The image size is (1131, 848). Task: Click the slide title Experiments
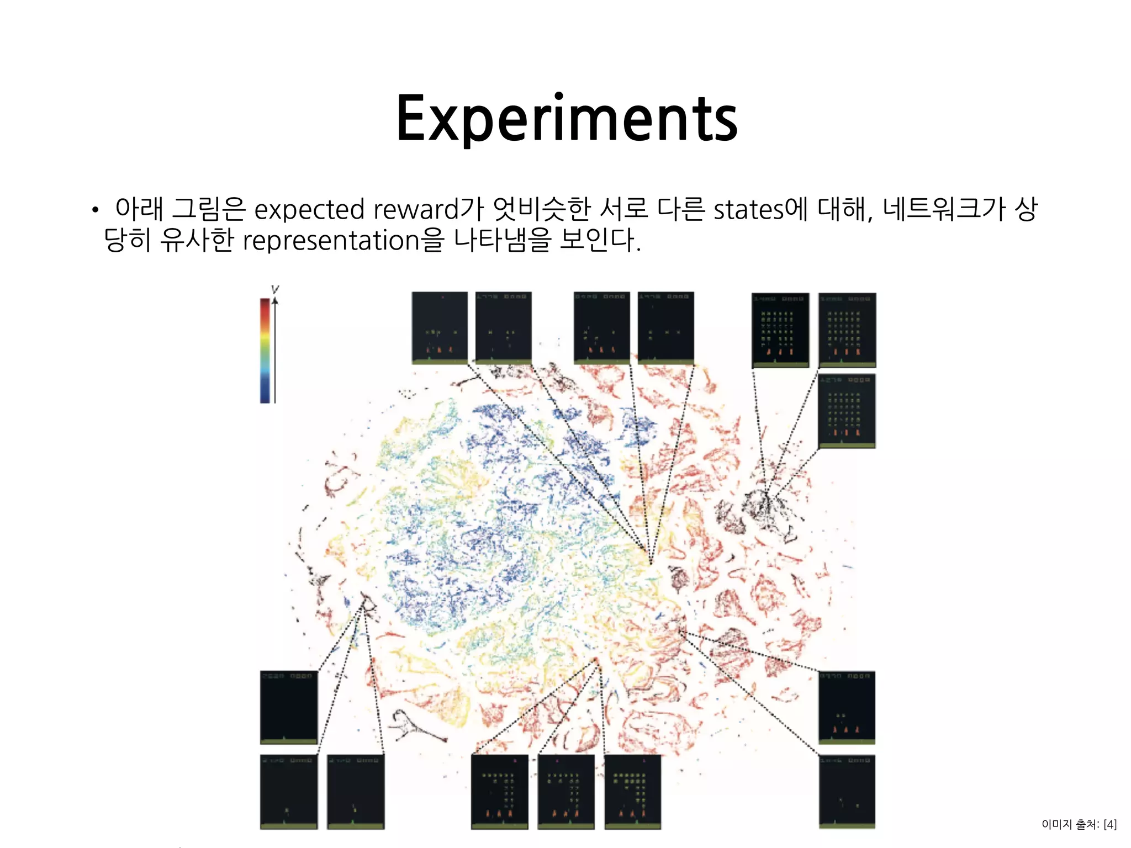pos(567,119)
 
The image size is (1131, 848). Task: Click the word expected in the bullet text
pos(309,210)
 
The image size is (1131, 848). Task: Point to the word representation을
pos(343,241)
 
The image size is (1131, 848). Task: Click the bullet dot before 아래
pos(95,210)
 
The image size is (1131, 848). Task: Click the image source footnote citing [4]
pos(1079,824)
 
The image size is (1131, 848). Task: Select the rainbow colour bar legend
pos(265,350)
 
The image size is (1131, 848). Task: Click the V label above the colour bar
pos(275,289)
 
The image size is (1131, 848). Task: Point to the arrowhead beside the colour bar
pos(275,301)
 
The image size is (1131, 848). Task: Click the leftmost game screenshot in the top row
pos(440,327)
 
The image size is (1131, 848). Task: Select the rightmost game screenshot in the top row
pos(847,330)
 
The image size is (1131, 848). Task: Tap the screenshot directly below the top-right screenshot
pos(847,411)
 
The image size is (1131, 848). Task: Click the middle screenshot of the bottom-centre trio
pos(566,791)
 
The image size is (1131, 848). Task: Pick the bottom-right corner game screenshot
pos(847,791)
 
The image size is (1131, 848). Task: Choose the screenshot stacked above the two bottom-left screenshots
pos(288,707)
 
